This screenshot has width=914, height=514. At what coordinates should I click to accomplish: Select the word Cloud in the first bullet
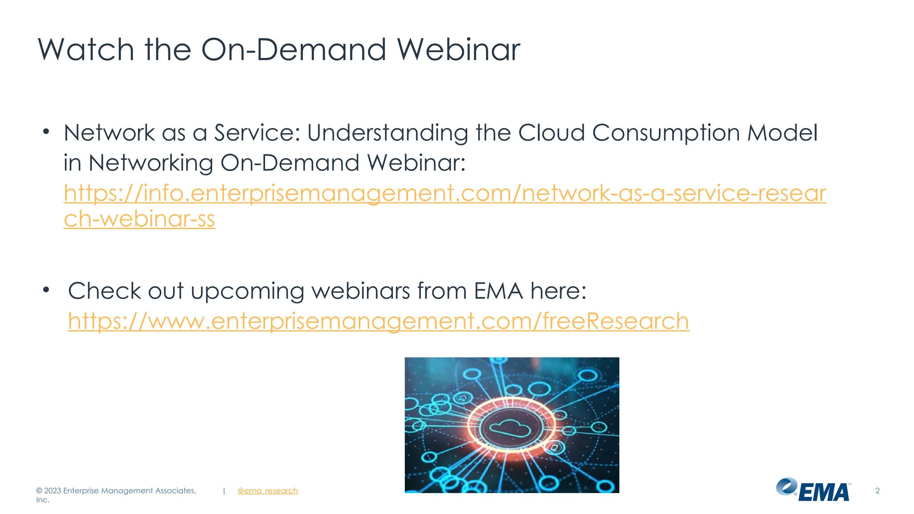(551, 133)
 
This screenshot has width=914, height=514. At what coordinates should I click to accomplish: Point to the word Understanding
(387, 133)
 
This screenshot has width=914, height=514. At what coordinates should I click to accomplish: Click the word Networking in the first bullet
(151, 163)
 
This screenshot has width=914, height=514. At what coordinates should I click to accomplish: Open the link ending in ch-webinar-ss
(139, 219)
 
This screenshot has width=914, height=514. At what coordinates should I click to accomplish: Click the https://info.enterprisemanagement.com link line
(445, 193)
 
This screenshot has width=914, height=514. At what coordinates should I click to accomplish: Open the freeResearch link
(378, 321)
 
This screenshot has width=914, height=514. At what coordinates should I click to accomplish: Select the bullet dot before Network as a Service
(46, 132)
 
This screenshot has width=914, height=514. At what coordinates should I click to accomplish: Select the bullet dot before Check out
(46, 290)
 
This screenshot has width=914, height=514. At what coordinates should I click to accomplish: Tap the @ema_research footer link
(267, 490)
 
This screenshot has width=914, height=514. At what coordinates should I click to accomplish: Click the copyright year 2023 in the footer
(53, 490)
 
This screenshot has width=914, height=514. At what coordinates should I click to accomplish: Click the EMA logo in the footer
(813, 490)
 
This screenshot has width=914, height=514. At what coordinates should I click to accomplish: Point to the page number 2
(877, 490)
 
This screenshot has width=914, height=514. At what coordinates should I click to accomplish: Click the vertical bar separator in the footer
(224, 490)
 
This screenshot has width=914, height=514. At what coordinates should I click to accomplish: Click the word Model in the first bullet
(782, 133)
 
